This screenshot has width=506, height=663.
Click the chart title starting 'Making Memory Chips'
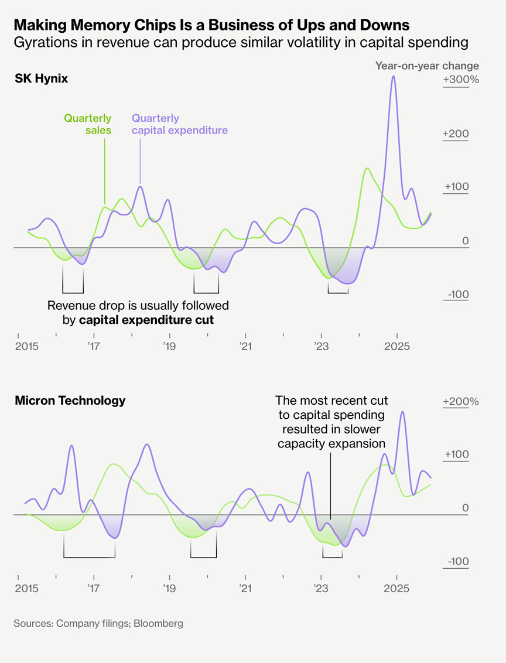(x=211, y=25)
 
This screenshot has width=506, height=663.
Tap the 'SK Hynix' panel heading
(x=41, y=78)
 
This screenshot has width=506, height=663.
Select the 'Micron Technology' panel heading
(x=70, y=401)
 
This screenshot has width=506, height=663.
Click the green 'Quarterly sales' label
(x=87, y=124)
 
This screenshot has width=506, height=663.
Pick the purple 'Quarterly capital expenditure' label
(x=179, y=124)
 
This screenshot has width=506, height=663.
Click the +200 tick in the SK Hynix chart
(x=457, y=134)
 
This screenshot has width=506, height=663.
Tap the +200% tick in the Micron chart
(x=461, y=402)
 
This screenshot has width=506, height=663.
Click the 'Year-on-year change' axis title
(x=427, y=66)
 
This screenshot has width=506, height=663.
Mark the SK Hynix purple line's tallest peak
(x=393, y=76)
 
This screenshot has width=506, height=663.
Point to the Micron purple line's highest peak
(x=402, y=412)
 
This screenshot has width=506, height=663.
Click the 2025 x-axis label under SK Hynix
(x=398, y=347)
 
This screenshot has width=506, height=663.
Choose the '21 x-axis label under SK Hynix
(x=245, y=347)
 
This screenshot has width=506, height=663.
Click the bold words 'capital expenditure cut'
(x=146, y=320)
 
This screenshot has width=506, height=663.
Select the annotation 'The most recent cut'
(x=331, y=401)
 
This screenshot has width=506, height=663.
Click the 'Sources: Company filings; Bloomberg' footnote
(x=98, y=623)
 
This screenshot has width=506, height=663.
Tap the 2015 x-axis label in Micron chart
(x=26, y=587)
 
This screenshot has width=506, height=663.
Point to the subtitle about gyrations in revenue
(x=241, y=42)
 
